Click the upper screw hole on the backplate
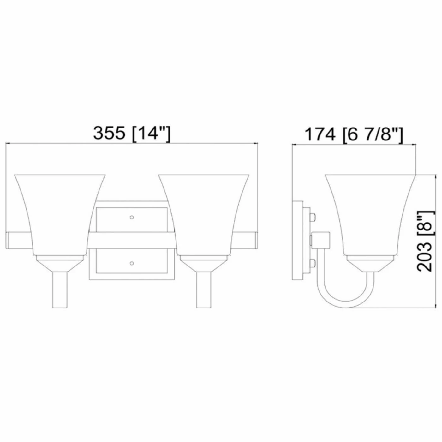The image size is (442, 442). coord(132,217)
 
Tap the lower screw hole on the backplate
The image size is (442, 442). coord(132,263)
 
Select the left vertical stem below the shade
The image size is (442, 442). coord(60,290)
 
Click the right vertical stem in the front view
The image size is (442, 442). coord(204,290)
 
